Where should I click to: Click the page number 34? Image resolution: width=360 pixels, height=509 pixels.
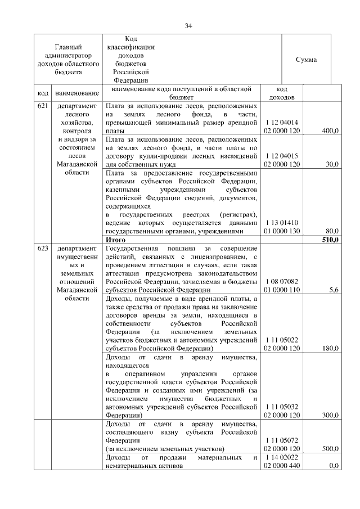click(188, 26)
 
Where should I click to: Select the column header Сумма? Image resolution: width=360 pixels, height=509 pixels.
click(306, 60)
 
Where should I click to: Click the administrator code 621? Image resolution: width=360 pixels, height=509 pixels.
click(42, 106)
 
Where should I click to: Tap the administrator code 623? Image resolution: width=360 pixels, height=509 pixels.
click(42, 248)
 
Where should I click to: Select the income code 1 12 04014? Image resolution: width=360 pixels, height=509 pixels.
click(282, 123)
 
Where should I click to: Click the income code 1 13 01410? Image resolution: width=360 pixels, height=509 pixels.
click(282, 222)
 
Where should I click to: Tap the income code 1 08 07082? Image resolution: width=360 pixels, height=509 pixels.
click(282, 281)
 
